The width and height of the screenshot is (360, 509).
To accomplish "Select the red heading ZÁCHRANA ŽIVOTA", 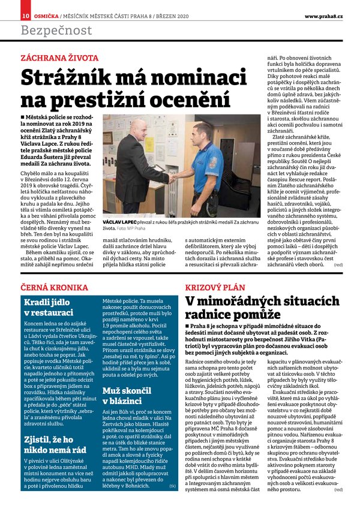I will pyautogui.click(x=59, y=58).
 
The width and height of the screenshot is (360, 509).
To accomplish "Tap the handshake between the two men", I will pyautogui.click(x=173, y=178).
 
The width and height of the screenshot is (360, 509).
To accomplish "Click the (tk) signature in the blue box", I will pyautogui.click(x=173, y=486).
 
